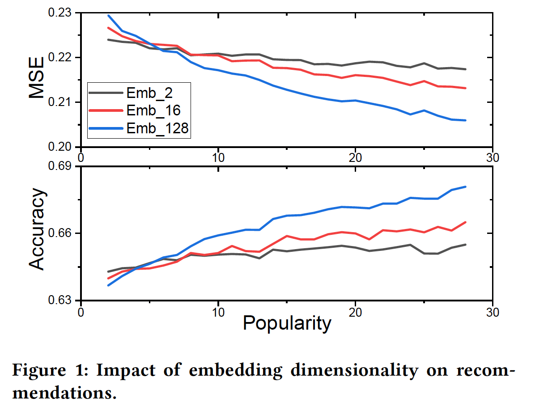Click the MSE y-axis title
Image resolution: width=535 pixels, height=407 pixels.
coord(38,77)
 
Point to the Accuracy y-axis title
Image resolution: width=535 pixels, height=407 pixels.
coord(38,229)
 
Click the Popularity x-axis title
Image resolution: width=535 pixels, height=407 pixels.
coord(287,323)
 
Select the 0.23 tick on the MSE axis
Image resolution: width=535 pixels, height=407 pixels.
coord(61,13)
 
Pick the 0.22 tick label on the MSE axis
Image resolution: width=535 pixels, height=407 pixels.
coord(61,58)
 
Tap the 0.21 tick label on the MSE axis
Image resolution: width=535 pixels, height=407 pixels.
coord(61,102)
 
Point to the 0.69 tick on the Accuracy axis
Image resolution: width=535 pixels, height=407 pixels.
coord(61,167)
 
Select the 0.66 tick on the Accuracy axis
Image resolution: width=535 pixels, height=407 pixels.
coord(61,233)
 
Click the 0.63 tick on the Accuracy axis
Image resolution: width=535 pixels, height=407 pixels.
coord(61,300)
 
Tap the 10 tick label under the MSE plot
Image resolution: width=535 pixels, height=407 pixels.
coord(218,157)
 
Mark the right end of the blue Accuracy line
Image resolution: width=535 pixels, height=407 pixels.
coord(466,187)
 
